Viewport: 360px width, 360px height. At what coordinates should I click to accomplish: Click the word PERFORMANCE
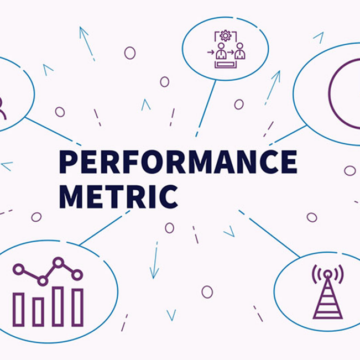coord(179,162)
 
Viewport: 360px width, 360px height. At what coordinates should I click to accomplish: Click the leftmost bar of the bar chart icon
coord(19,308)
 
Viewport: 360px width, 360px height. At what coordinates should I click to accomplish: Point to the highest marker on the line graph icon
coord(58,262)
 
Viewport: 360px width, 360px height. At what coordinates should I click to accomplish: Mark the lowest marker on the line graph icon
coord(38,282)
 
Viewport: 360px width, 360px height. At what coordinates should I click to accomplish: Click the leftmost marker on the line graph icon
coord(19,267)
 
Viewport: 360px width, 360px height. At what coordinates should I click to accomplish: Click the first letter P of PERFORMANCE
coord(69,162)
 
